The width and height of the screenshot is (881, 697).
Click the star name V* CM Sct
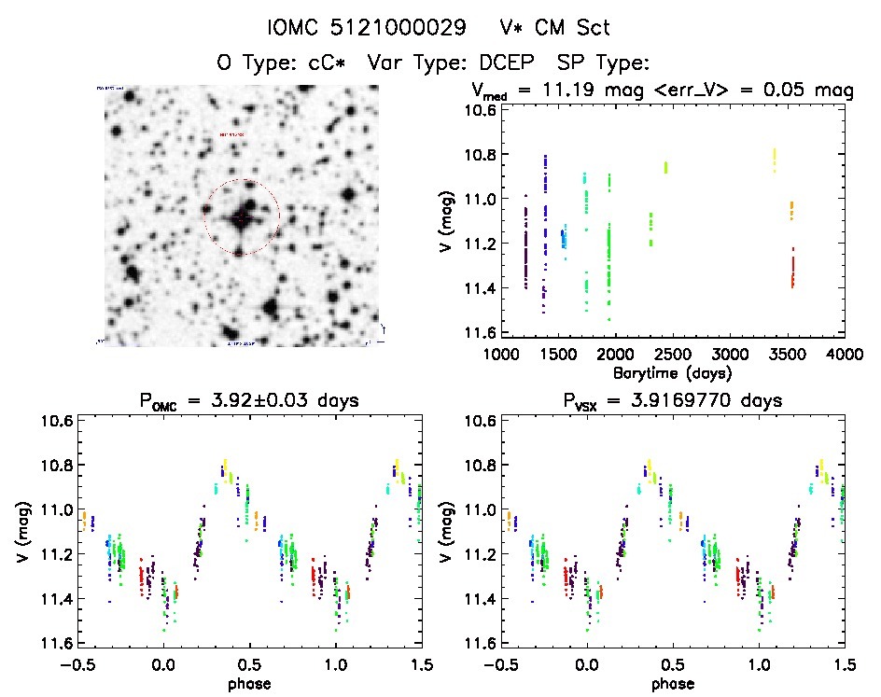pos(558,28)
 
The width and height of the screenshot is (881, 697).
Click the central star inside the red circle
pos(241,216)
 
